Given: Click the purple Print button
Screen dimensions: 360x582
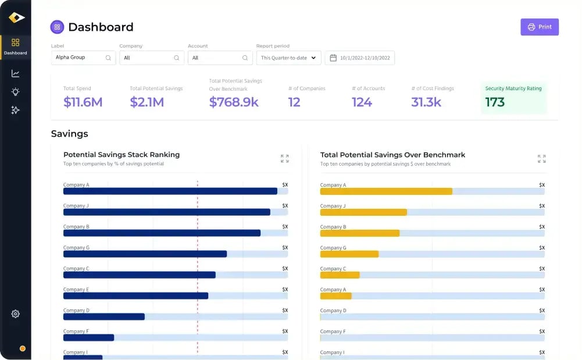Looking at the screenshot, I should [x=539, y=27].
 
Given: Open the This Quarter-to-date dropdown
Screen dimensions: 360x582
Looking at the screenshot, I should [x=288, y=58].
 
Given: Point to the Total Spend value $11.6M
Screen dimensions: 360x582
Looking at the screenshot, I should [x=83, y=102].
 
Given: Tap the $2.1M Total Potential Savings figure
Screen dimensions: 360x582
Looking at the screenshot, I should [x=147, y=102].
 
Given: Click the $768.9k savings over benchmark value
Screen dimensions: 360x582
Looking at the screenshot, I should [x=234, y=102].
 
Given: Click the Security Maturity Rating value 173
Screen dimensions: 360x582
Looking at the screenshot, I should [x=495, y=102].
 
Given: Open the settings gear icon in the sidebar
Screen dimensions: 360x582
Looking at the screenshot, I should [x=15, y=314].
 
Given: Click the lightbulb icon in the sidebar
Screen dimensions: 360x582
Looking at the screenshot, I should [x=15, y=92].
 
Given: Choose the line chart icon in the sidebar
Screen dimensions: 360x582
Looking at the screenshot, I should [x=15, y=73].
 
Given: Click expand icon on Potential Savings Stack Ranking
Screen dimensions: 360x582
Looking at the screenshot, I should [x=284, y=159].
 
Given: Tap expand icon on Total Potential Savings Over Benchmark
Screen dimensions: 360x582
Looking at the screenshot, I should [x=541, y=159].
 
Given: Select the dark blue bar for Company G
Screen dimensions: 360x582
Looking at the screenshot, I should [x=145, y=254].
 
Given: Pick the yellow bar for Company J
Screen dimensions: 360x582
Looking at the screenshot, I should [x=363, y=212].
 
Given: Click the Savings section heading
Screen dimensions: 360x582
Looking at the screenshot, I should [x=70, y=134].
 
